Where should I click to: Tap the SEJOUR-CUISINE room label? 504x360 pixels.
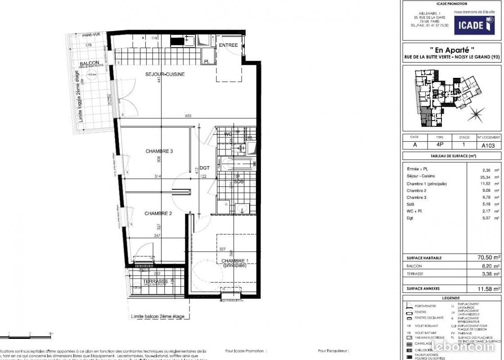coord(165,74)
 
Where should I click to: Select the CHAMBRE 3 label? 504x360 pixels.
coord(159,151)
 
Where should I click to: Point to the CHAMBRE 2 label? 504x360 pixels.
coord(158,213)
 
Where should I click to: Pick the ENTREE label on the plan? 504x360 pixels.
coord(228,45)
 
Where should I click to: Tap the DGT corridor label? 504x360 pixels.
coord(205,168)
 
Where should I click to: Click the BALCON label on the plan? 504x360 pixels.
coord(89,64)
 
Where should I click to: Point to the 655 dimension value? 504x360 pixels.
coord(188,116)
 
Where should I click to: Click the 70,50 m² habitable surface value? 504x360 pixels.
coord(489,258)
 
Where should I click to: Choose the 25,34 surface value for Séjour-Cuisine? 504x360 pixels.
coord(488,176)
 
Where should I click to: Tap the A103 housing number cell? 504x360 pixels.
coord(488,145)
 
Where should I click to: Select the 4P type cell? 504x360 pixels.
coord(439,145)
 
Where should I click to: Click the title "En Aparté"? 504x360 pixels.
coord(451,50)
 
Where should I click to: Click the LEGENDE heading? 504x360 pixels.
coord(451,298)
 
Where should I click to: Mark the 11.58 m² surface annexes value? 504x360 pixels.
coord(489,288)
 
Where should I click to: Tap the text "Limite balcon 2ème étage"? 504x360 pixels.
coord(157,317)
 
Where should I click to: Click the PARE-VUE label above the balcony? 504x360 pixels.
coord(90,35)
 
